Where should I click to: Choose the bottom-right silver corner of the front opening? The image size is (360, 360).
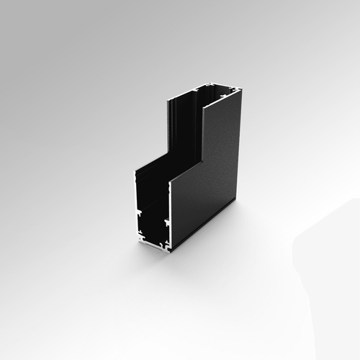pyautogui.click(x=169, y=249)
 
